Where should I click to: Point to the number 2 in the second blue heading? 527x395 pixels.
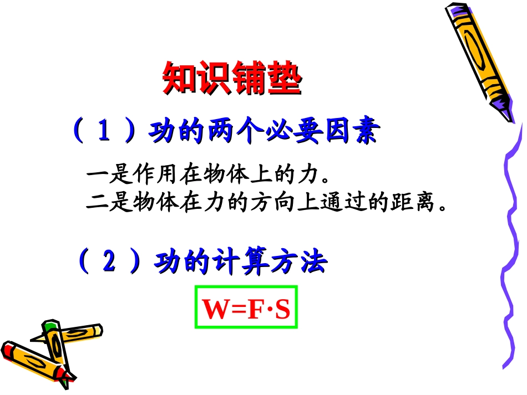[109, 262]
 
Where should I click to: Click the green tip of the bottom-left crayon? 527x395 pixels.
[51, 325]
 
